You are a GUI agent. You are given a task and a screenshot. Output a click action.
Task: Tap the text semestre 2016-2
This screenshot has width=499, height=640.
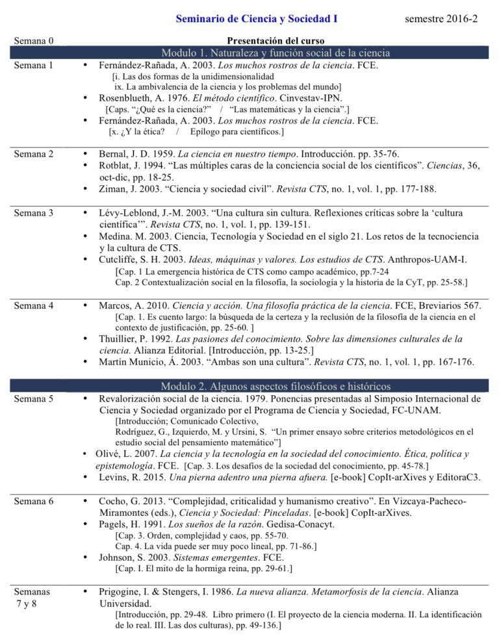point(441,19)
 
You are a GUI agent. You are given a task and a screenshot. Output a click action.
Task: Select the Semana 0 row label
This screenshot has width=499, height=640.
point(33,42)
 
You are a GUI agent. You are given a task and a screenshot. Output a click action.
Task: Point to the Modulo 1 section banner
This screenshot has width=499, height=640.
point(275,53)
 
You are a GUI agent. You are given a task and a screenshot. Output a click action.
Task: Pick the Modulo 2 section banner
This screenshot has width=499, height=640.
point(275,387)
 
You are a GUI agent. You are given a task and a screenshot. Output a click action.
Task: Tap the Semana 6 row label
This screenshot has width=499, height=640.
point(33,502)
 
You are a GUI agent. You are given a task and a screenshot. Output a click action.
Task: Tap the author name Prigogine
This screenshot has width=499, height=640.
point(121,593)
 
